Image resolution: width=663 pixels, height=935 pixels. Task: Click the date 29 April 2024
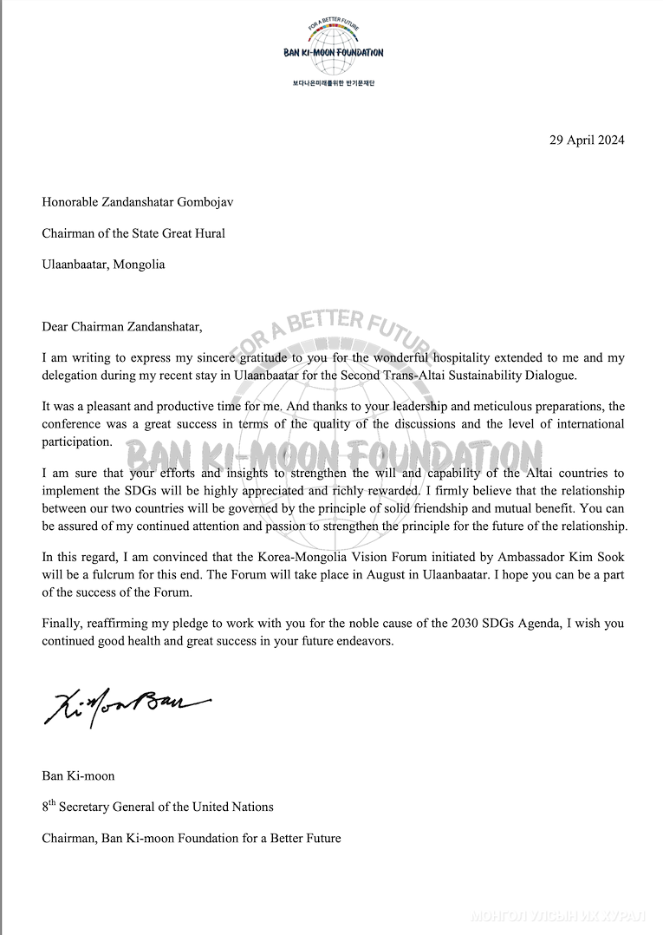tap(587, 140)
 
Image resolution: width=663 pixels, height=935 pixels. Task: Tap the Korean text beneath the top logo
tap(333, 82)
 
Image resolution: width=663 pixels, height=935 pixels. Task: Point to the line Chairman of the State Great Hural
tap(133, 233)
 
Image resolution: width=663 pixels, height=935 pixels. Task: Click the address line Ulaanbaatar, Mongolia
tap(103, 265)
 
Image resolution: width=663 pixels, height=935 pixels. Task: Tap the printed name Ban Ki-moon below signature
tap(78, 775)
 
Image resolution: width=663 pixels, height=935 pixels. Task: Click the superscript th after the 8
tap(52, 802)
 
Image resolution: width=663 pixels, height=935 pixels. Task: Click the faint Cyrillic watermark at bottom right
tap(559, 916)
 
